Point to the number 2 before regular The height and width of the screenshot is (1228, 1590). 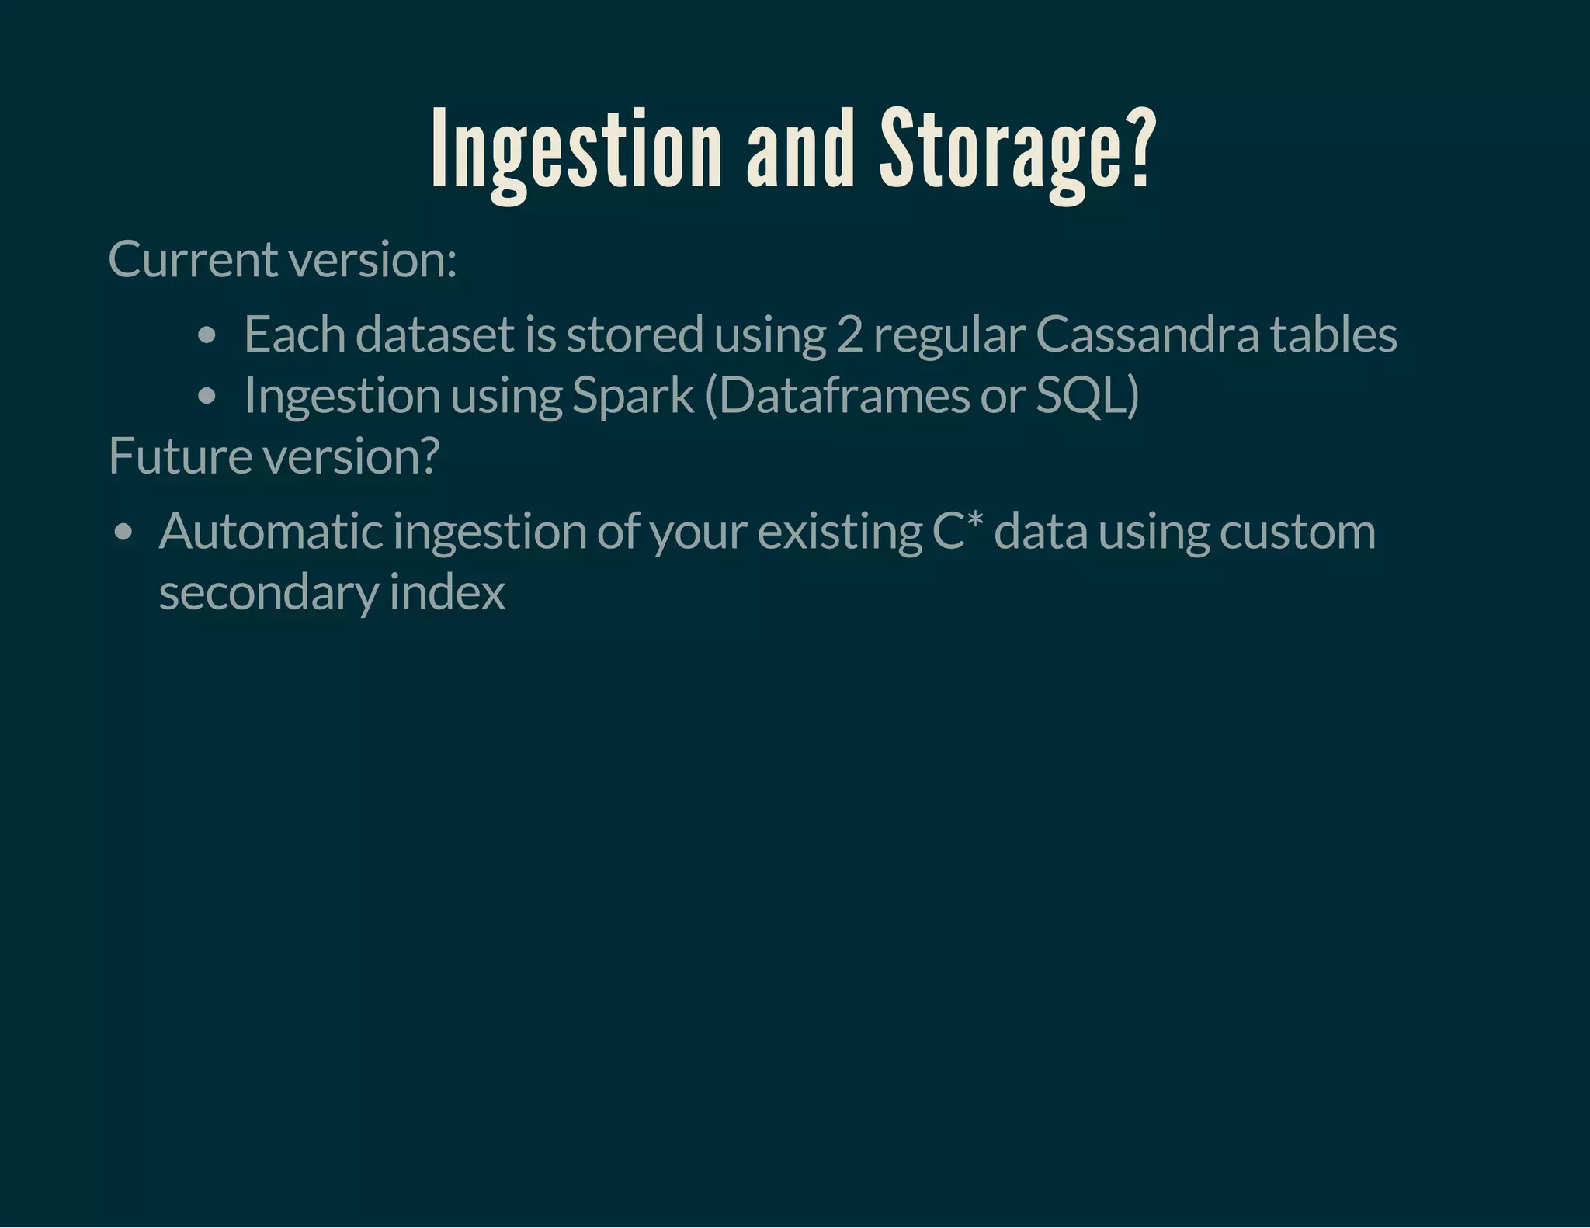pos(849,335)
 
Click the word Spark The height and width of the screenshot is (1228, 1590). pos(632,395)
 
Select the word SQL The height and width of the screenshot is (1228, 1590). pos(1081,395)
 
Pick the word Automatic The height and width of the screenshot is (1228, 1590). pos(270,532)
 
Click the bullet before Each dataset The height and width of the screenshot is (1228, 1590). pos(207,336)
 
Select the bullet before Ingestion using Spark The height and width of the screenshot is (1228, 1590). pos(207,397)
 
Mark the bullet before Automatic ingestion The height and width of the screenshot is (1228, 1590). pos(123,533)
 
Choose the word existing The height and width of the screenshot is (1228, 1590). pos(839,532)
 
